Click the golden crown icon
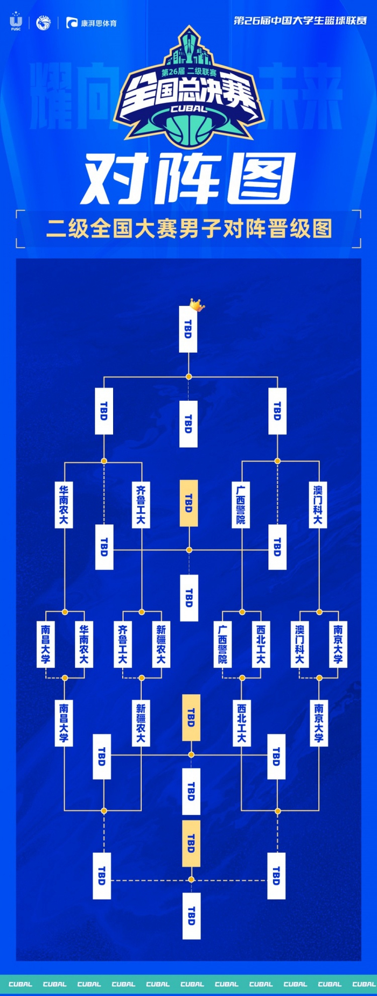click(197, 305)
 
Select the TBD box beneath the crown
click(188, 329)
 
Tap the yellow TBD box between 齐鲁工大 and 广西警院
click(188, 503)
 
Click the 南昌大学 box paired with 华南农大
click(45, 644)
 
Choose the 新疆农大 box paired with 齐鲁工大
click(161, 644)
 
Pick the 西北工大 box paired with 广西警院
click(261, 644)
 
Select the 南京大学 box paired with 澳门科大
click(338, 644)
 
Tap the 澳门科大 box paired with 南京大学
click(300, 644)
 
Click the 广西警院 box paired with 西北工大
click(222, 644)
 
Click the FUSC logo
click(16, 22)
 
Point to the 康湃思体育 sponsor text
click(99, 23)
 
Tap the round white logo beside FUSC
click(43, 23)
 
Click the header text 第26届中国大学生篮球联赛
click(300, 20)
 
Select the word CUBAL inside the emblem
click(188, 108)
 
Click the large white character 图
click(261, 178)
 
